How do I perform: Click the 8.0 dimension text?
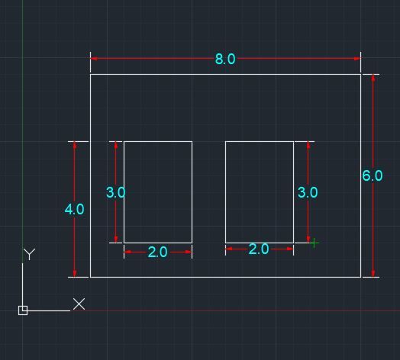point(225,59)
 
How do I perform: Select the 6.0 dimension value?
point(373,175)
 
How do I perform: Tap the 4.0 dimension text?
point(74,210)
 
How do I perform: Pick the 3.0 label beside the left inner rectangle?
point(115,192)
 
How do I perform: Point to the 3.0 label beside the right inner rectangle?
point(308,192)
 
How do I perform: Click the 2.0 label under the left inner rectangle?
point(158,252)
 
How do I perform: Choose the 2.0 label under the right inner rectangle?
point(259,249)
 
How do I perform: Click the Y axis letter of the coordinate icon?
point(29,254)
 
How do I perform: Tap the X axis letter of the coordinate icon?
point(79,304)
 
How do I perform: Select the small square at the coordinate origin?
point(23,310)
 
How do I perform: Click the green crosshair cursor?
point(314,243)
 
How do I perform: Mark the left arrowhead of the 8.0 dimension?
point(94,59)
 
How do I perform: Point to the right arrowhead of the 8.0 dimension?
point(357,59)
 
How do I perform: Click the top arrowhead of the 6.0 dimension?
point(373,78)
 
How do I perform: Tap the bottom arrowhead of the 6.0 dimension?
point(373,274)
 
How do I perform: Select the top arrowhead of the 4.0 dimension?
point(75,145)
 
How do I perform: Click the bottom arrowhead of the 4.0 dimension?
point(75,274)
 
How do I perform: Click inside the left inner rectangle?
point(158,192)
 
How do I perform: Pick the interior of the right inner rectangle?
point(260,192)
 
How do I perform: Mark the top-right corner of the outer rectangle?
point(360,75)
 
